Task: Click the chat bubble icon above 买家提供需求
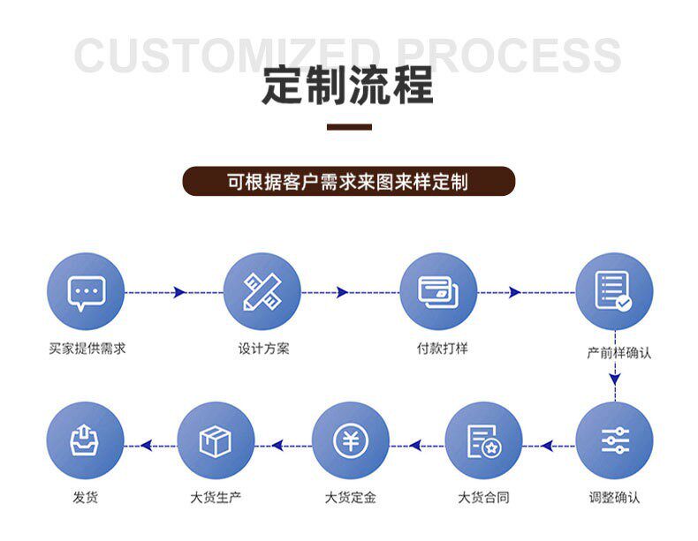click(x=86, y=292)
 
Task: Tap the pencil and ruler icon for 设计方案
click(x=262, y=292)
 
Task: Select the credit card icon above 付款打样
click(x=438, y=292)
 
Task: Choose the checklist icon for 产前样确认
click(x=614, y=292)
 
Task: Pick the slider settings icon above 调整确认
click(x=614, y=440)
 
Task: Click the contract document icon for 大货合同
click(x=483, y=440)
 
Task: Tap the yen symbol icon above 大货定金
click(x=351, y=440)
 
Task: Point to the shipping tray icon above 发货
click(x=86, y=440)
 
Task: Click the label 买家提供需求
click(x=87, y=348)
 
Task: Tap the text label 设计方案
click(x=263, y=348)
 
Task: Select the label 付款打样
click(x=442, y=348)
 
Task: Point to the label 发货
click(x=86, y=498)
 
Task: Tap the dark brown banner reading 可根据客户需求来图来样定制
click(x=348, y=182)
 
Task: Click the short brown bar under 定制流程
click(x=349, y=128)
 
